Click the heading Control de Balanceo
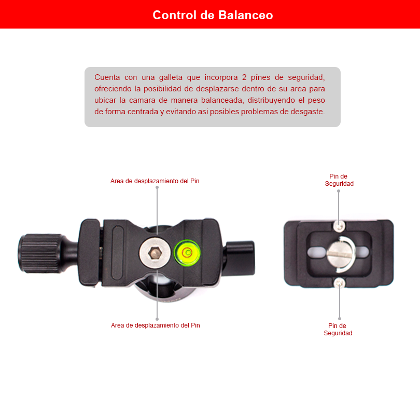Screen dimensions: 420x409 (x=213, y=15)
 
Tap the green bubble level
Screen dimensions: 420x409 (x=187, y=253)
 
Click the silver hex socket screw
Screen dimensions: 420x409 (x=155, y=253)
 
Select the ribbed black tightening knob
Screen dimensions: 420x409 (x=40, y=253)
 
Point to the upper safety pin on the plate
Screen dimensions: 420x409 (x=339, y=226)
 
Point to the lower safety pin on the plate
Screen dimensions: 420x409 (x=340, y=283)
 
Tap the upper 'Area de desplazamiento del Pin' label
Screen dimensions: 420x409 (x=155, y=181)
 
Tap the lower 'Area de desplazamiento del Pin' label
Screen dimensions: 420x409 (x=156, y=325)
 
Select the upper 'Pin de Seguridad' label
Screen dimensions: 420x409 (x=339, y=180)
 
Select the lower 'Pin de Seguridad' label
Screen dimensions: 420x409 (x=338, y=330)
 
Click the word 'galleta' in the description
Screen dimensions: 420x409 (x=171, y=77)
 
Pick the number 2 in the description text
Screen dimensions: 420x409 (x=244, y=77)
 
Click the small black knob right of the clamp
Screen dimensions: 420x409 (x=240, y=258)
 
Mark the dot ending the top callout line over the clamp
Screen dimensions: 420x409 (x=157, y=187)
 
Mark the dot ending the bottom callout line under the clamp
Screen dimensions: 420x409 (x=157, y=319)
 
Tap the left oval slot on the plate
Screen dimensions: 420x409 (x=317, y=252)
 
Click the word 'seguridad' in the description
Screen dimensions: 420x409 (x=306, y=78)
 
